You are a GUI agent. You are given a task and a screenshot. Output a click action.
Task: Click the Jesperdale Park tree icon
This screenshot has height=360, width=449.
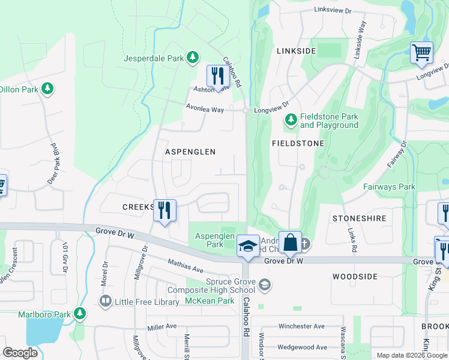(x=192, y=58)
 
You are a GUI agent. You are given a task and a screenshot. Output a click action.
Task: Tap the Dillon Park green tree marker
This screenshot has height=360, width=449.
(x=47, y=89)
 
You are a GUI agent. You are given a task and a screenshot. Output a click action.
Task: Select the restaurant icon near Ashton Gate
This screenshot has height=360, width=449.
(x=216, y=76)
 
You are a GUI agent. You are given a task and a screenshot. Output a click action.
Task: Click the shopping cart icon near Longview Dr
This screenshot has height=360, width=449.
(x=421, y=53)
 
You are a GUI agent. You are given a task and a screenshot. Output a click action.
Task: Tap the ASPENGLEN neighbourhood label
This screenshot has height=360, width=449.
(x=190, y=152)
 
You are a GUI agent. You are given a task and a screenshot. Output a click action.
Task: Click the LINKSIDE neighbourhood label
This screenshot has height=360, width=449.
(x=297, y=51)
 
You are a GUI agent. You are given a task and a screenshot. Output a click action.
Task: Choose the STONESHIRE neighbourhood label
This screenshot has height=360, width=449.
(x=359, y=219)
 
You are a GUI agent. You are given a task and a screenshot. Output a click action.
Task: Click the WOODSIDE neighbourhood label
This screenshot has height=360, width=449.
(x=355, y=277)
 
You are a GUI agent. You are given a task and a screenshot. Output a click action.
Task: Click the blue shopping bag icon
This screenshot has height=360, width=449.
(x=290, y=242)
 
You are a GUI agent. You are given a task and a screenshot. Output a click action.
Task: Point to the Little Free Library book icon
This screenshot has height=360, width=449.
(x=106, y=300)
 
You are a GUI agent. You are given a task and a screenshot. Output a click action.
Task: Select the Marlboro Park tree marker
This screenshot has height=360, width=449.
(x=79, y=313)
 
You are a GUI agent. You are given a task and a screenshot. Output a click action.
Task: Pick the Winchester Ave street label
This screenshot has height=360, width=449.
(x=301, y=326)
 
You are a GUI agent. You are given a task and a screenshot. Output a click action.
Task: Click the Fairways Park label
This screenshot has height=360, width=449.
(x=389, y=187)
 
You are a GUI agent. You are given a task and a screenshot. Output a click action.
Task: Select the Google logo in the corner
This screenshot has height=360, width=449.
(x=20, y=352)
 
